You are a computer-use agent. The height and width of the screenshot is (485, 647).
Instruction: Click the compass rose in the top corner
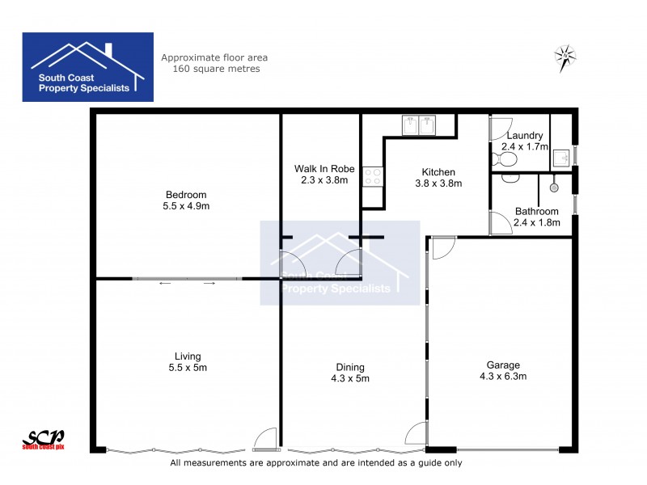[x=565, y=56]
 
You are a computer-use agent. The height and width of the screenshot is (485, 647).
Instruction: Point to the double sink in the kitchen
[x=418, y=126]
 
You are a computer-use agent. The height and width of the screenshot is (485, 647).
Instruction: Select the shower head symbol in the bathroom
[x=554, y=187]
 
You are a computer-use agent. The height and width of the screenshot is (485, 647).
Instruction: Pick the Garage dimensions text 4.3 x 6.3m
[x=503, y=376]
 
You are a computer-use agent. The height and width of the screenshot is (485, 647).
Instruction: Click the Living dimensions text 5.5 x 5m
[x=188, y=368]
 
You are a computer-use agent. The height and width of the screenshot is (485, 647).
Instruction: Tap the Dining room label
[x=350, y=366]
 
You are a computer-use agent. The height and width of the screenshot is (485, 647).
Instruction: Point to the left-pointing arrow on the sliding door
[x=164, y=283]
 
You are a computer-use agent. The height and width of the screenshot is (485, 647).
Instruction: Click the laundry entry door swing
[x=498, y=129]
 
